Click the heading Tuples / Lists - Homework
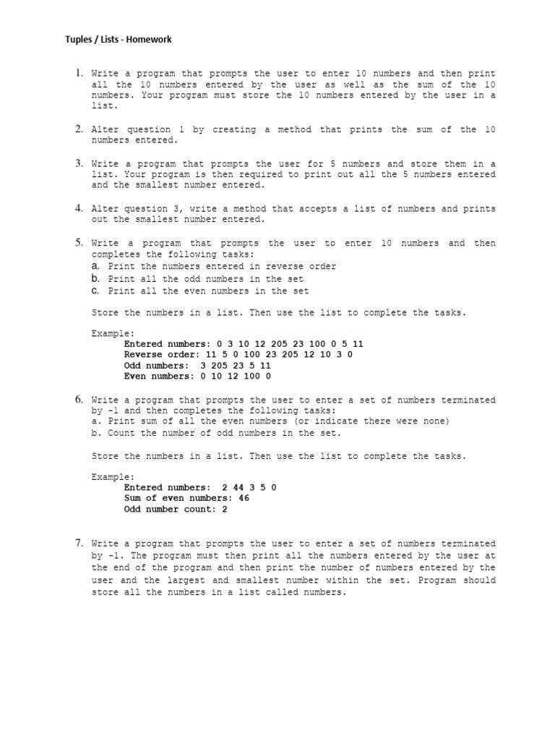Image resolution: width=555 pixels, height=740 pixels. [119, 39]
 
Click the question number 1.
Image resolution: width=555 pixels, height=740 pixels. [79, 73]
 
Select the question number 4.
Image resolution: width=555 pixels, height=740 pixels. [79, 208]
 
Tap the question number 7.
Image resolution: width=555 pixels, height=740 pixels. [79, 543]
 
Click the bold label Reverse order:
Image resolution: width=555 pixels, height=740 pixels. [160, 355]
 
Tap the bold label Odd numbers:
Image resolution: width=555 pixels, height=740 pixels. [154, 366]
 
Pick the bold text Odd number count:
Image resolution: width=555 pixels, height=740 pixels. [168, 509]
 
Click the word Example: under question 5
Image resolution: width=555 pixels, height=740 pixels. [113, 333]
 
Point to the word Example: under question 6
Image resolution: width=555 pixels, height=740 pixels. [113, 477]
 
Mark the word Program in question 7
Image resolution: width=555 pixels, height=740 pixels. [437, 580]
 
